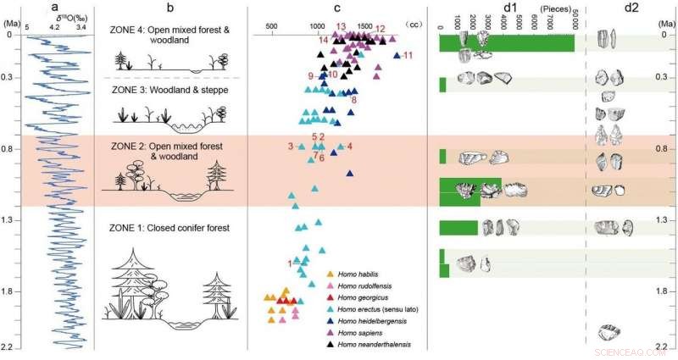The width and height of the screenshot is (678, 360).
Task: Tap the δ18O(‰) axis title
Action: tap(56, 18)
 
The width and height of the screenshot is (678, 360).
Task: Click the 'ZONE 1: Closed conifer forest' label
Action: tap(169, 228)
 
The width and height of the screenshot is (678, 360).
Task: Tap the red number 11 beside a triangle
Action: tap(408, 56)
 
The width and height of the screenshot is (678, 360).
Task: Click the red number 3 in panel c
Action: tap(291, 147)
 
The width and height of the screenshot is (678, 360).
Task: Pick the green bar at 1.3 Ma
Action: tap(458, 227)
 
